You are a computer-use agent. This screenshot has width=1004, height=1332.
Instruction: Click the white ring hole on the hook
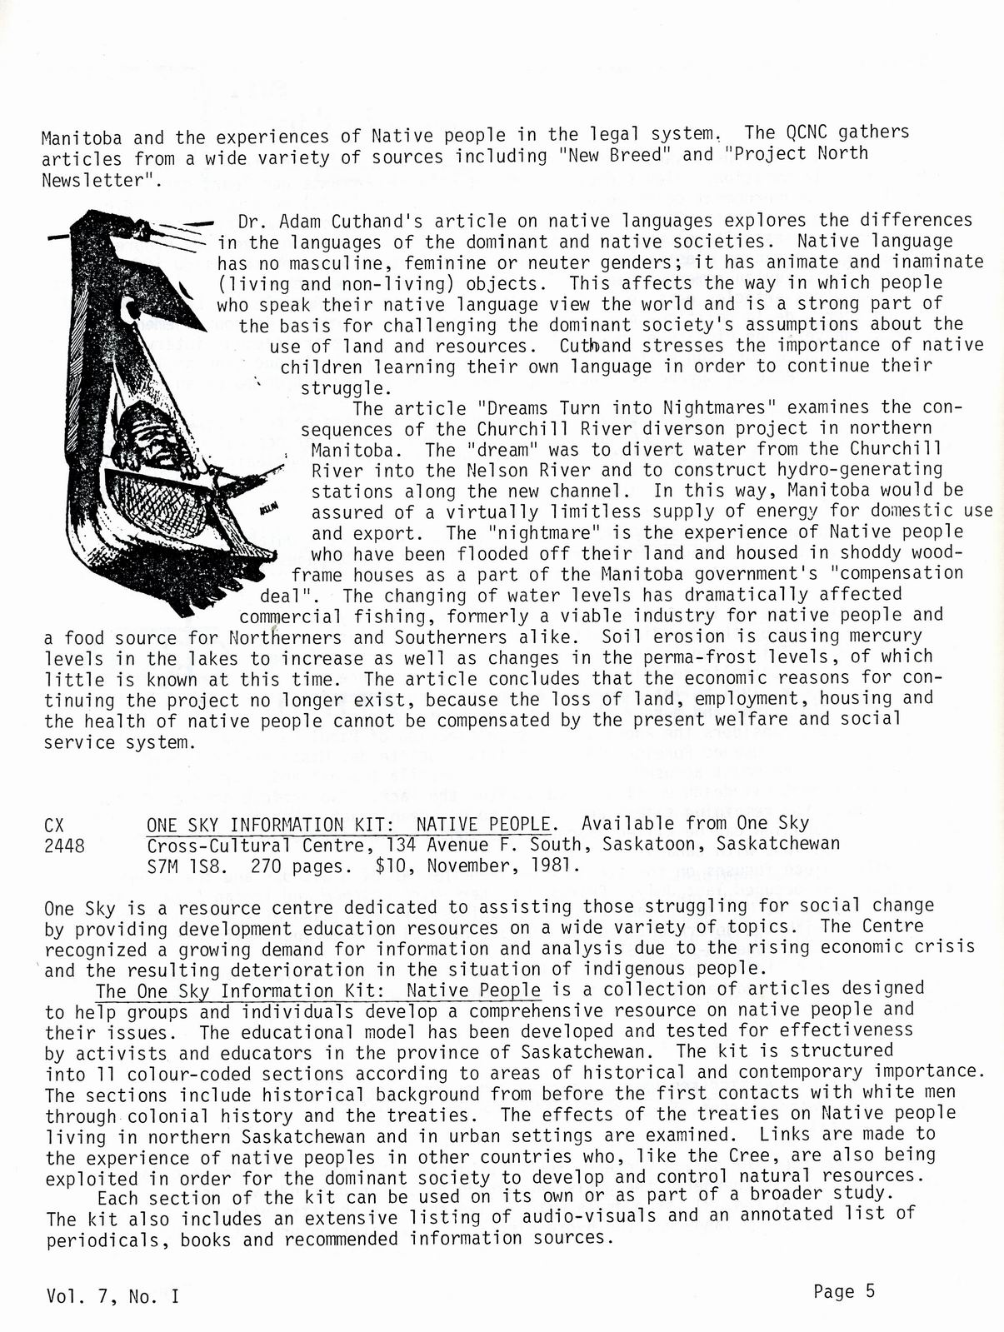(131, 312)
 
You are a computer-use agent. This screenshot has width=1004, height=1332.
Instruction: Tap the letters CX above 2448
(54, 825)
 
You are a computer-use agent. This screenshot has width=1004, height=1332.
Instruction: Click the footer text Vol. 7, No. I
(112, 1296)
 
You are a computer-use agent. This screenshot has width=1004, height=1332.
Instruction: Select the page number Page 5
(844, 1292)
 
